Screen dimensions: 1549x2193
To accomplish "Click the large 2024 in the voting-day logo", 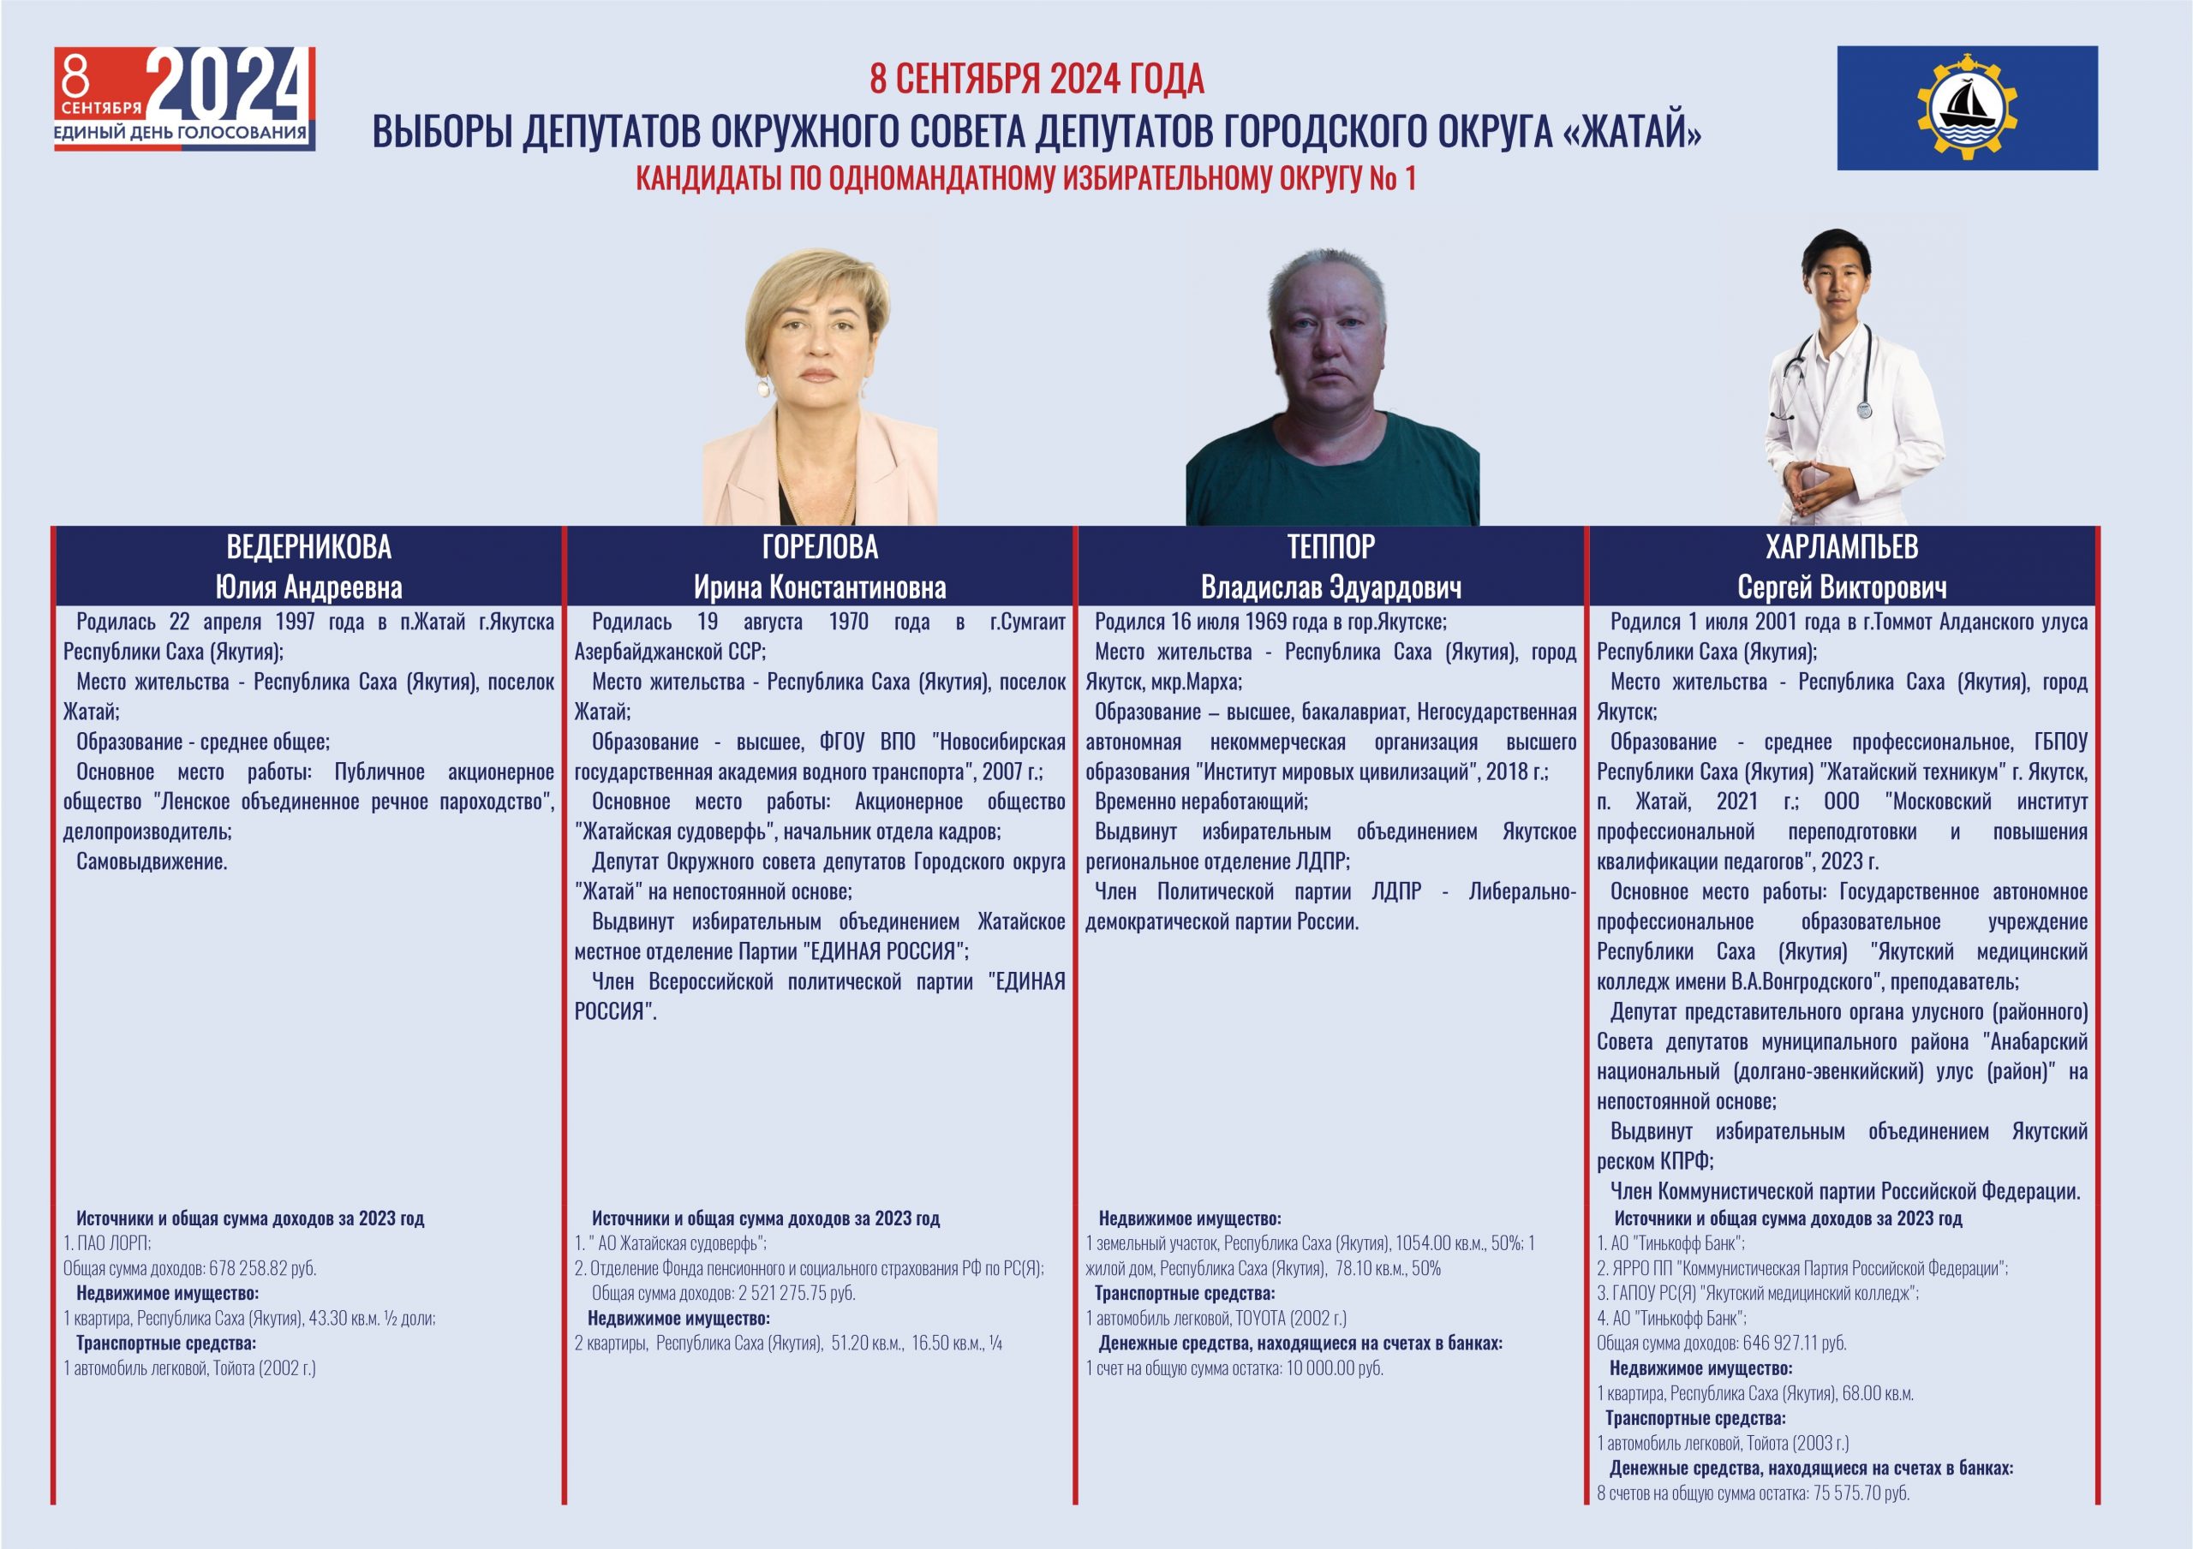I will coord(230,86).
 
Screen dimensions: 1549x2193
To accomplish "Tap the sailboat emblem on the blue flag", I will coord(1967,108).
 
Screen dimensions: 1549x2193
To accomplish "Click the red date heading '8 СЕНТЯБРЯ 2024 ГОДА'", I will coord(1037,78).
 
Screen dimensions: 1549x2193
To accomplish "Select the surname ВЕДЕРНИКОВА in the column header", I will coord(308,547).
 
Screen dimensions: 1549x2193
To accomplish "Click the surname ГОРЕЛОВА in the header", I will coord(820,547).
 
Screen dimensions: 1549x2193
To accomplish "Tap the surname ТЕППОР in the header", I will coord(1330,547).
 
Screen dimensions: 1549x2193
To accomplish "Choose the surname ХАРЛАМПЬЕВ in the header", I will coord(1842,547).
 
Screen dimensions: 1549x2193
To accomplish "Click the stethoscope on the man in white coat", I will coord(1863,406).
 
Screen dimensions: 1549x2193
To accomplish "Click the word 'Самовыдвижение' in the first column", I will coord(152,862).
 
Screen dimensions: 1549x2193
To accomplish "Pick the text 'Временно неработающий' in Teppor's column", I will coord(1201,802).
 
